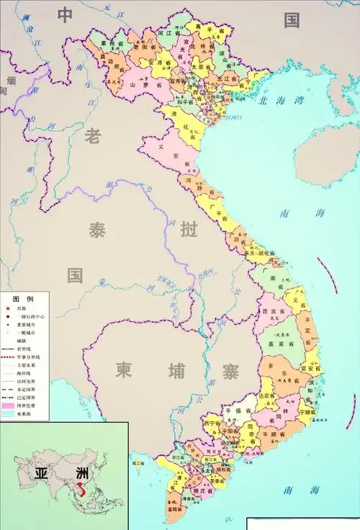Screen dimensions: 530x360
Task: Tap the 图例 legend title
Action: pyautogui.click(x=22, y=299)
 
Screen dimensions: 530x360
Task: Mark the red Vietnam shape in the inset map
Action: pyautogui.click(x=84, y=493)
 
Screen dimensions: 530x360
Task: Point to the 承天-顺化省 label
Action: pyautogui.click(x=260, y=253)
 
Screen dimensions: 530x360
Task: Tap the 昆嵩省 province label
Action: pyautogui.click(x=274, y=310)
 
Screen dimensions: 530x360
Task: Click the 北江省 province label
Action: pyautogui.click(x=229, y=78)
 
